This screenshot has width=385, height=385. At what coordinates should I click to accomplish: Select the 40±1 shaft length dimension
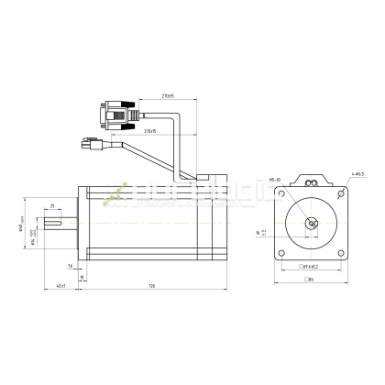(60, 287)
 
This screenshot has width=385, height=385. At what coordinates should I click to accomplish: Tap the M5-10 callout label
(275, 181)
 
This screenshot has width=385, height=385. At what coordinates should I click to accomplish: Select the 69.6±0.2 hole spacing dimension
(311, 266)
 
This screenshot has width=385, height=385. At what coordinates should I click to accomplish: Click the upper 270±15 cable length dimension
(169, 93)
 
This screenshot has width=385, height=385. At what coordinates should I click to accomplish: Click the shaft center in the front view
(311, 222)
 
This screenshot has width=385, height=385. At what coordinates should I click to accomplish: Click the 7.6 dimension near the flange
(71, 266)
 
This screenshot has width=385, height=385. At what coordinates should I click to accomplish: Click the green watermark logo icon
(115, 194)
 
